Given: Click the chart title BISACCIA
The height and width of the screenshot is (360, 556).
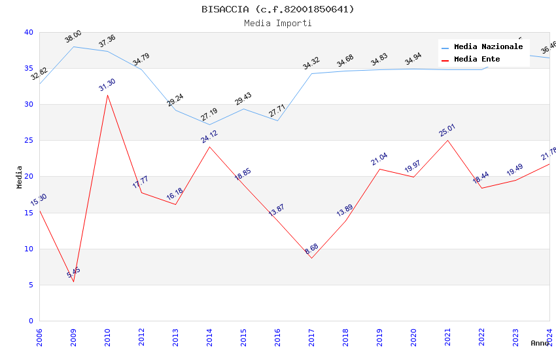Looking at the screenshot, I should (277, 9).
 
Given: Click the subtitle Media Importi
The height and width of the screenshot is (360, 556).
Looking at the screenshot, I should (277, 23).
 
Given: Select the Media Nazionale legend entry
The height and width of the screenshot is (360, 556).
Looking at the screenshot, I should (488, 47).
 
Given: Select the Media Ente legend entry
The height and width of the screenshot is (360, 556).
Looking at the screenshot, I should (477, 60).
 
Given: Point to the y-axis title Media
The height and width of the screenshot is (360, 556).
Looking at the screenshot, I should (19, 177).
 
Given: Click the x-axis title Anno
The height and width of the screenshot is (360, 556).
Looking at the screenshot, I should (540, 343).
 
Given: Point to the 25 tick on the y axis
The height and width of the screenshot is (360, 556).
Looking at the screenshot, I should (28, 140).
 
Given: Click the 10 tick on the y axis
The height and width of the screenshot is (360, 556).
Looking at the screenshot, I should (28, 249).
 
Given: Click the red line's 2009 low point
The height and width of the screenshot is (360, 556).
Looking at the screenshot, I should (73, 281).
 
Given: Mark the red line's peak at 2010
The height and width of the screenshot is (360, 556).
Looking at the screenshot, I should (107, 95).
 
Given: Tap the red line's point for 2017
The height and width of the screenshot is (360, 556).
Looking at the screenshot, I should (311, 258).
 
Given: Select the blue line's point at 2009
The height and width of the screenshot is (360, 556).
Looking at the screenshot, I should (73, 46).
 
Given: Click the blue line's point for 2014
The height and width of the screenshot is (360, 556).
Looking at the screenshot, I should (209, 124).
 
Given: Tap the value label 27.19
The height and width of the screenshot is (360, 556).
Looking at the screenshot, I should (209, 117).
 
